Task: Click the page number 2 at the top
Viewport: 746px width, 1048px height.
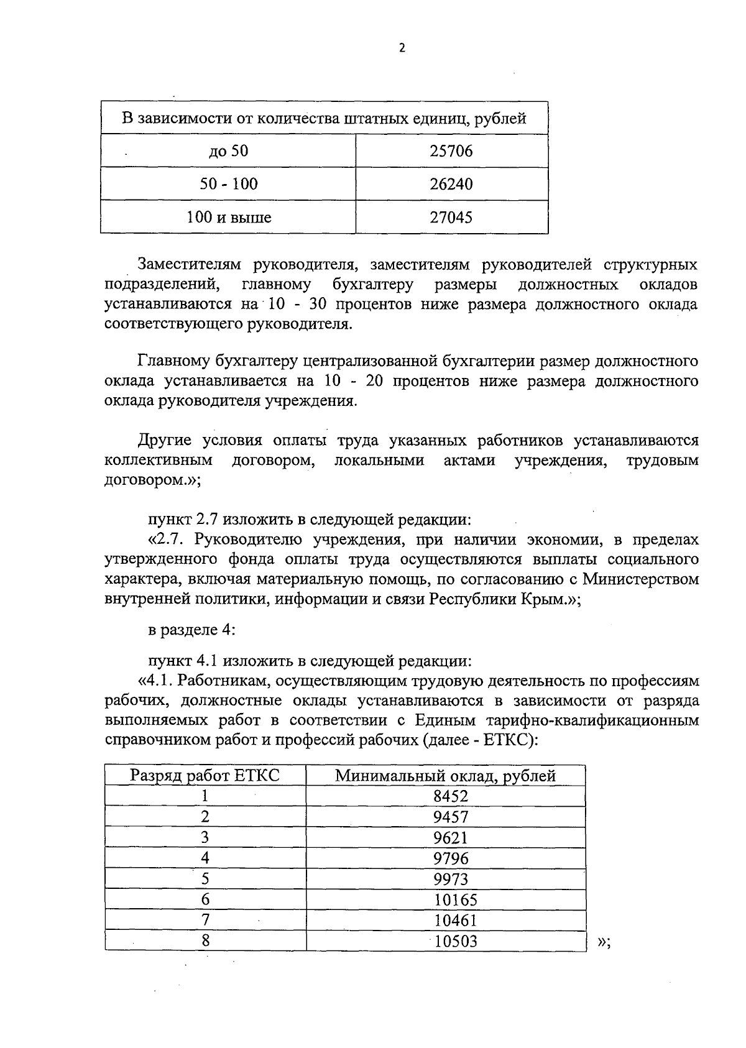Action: tap(402, 48)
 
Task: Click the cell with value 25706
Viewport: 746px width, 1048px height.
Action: tap(451, 151)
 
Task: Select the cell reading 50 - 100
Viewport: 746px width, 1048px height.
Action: tap(228, 184)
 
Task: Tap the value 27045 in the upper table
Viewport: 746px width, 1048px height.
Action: tap(451, 218)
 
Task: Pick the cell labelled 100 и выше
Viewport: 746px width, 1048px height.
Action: tap(228, 218)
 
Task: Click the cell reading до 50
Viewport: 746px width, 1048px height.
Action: tap(228, 151)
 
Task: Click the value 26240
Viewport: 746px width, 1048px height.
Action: tap(451, 184)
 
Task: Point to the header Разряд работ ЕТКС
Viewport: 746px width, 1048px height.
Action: tap(205, 776)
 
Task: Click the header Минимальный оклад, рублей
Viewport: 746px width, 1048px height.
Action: tap(445, 776)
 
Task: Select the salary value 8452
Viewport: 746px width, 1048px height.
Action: tap(451, 796)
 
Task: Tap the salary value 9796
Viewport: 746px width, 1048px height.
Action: tap(451, 858)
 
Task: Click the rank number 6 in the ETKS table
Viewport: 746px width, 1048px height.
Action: tap(205, 899)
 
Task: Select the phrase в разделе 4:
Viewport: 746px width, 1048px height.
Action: tap(191, 630)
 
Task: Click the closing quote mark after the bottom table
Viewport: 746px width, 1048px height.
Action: tap(603, 942)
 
